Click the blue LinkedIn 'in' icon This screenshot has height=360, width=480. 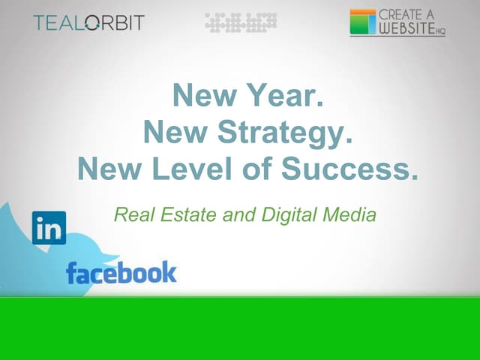tap(49, 228)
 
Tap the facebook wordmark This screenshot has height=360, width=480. tap(121, 271)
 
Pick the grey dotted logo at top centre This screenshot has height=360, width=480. tap(241, 22)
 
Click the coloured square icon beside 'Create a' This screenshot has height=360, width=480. tap(363, 22)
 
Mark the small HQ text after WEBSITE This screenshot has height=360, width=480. tap(440, 31)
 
